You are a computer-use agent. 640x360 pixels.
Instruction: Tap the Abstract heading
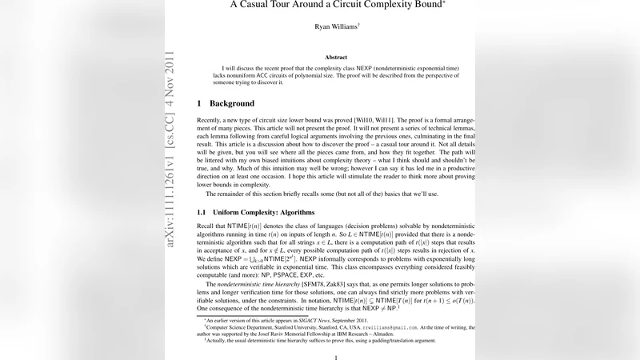(336, 58)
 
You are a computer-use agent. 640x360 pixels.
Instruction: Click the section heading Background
(231, 104)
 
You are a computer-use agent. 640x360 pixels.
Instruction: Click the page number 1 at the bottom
(336, 358)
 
